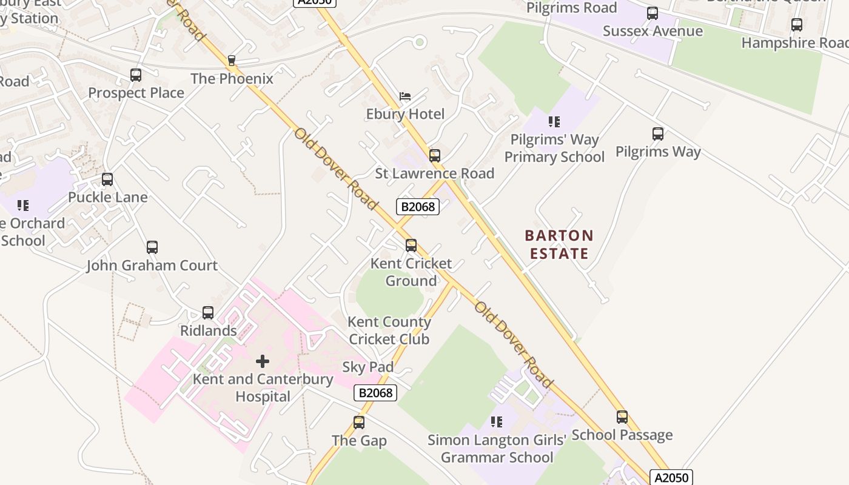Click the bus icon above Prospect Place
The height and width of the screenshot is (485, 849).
click(136, 75)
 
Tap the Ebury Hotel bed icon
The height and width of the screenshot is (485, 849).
click(405, 96)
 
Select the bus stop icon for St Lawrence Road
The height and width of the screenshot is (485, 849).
click(435, 156)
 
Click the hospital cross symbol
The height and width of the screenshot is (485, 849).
click(263, 361)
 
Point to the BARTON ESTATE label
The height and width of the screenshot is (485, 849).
click(559, 244)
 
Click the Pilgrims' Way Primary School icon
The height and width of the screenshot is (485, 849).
click(554, 122)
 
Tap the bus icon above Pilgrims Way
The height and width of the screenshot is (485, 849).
click(658, 134)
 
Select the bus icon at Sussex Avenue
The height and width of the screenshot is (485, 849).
click(653, 13)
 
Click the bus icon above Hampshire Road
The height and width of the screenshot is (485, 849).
click(797, 25)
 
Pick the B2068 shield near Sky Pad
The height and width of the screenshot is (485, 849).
click(375, 393)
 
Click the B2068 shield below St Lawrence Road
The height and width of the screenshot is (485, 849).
click(418, 207)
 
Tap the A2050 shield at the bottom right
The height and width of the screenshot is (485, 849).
click(671, 477)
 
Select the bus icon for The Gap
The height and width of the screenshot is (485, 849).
click(359, 423)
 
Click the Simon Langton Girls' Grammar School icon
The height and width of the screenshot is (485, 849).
click(497, 421)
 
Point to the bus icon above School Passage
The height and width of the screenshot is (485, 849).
click(622, 417)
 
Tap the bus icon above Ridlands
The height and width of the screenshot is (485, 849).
click(208, 313)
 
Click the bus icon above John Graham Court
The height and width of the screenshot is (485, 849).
click(152, 247)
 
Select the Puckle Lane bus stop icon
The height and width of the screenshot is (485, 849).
click(107, 179)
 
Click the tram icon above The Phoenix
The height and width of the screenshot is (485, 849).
click(231, 61)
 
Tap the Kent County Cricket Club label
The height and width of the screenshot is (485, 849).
click(389, 330)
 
